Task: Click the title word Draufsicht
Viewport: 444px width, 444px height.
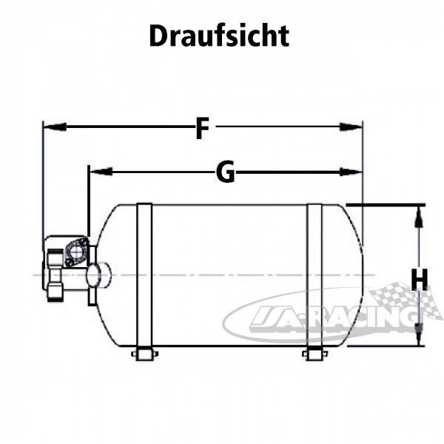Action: [219, 36]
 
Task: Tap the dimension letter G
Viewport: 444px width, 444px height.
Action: [225, 172]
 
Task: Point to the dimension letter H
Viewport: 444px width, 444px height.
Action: [420, 280]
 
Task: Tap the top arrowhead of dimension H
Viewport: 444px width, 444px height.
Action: [419, 215]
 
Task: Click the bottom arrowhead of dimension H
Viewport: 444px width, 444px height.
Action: [419, 337]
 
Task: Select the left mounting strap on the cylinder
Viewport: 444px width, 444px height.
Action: [144, 275]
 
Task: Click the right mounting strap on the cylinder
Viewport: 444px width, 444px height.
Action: [314, 275]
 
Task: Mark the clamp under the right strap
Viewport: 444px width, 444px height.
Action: [314, 354]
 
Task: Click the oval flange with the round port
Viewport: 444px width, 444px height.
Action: [76, 252]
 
